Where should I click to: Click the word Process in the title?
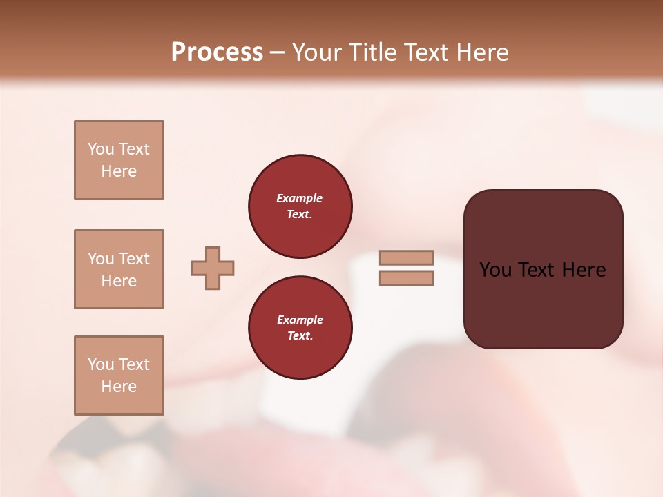[x=217, y=52]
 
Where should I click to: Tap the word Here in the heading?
[x=479, y=52]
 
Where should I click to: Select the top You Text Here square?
[x=119, y=160]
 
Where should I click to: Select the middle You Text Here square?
[x=119, y=269]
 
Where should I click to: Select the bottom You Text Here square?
[x=119, y=376]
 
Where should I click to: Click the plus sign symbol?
[x=213, y=268]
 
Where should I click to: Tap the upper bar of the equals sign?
[x=407, y=257]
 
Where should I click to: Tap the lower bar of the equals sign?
[x=407, y=278]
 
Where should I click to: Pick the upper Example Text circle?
[x=300, y=206]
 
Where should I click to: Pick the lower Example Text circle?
[x=300, y=328]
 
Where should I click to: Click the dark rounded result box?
[x=543, y=304]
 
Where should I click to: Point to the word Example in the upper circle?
[x=299, y=198]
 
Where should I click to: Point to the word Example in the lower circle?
[x=300, y=320]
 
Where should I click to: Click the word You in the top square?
[x=101, y=149]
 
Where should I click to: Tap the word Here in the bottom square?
[x=119, y=387]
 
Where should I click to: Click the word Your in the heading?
[x=317, y=52]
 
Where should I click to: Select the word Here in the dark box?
[x=584, y=270]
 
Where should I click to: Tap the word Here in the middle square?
[x=119, y=281]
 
